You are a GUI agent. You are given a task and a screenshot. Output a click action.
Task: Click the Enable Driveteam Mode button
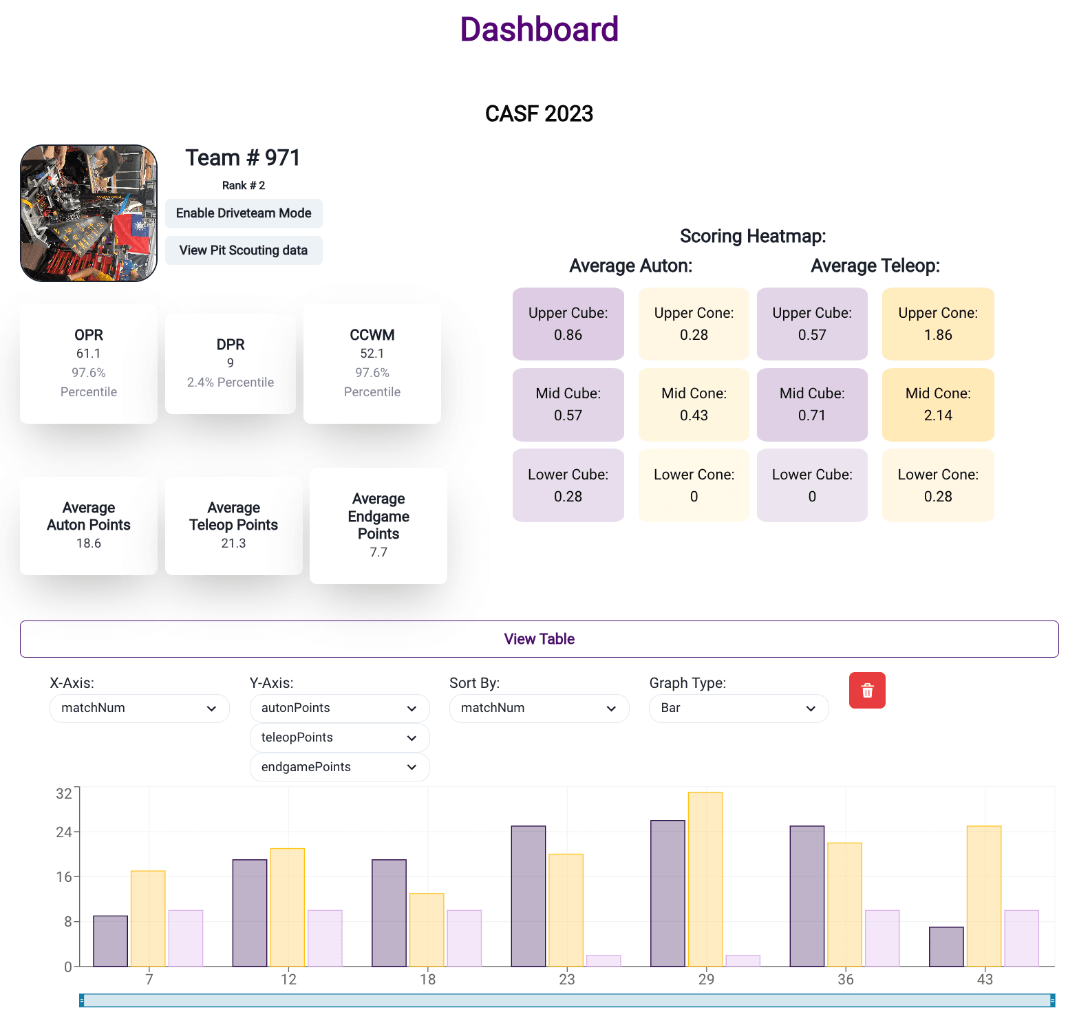coord(244,213)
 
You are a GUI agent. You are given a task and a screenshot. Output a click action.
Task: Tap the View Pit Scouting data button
coord(244,250)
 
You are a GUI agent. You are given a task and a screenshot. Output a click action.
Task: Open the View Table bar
coord(539,639)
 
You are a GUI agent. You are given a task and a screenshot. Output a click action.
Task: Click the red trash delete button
coord(867,690)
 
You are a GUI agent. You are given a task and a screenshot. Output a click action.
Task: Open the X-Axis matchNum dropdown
coord(139,708)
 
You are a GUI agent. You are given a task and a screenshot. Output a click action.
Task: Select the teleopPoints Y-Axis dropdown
coord(339,737)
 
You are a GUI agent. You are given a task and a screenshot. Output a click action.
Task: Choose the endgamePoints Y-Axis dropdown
coord(339,767)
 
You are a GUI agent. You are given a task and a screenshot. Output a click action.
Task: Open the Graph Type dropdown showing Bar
coord(738,708)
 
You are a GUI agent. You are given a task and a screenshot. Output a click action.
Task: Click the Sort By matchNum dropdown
coord(539,708)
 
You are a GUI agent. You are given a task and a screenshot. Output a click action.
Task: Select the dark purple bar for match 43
coord(946,947)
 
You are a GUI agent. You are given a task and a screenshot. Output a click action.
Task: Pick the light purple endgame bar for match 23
coord(604,960)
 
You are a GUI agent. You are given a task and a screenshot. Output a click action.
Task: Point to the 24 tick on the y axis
coord(64,832)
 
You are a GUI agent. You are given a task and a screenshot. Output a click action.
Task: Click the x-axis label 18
coord(427,979)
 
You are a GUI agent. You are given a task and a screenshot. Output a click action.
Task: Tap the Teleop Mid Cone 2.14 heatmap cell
coord(938,404)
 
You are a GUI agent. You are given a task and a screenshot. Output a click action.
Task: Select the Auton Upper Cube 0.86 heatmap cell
coord(568,324)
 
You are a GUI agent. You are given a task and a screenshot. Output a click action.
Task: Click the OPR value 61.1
coord(89,354)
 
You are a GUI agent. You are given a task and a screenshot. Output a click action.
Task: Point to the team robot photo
coord(89,213)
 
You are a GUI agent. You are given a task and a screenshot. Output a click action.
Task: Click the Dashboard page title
coord(539,30)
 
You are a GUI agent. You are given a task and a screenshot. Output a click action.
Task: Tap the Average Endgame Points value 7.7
coord(378,552)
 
